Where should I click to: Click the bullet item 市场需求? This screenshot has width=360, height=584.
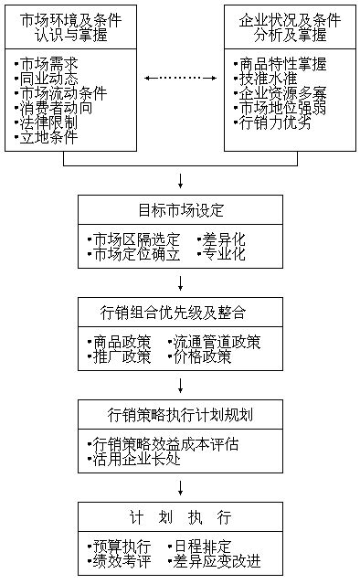[x=47, y=64]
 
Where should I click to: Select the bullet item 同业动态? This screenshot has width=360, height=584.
[x=47, y=79]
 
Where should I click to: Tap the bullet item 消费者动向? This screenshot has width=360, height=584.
[x=54, y=108]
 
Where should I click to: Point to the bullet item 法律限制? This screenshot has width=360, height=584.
[x=47, y=122]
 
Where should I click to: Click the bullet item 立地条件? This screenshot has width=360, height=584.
[x=47, y=137]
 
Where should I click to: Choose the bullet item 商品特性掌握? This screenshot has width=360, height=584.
[x=281, y=64]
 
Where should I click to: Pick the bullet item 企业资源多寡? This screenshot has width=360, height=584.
[x=281, y=93]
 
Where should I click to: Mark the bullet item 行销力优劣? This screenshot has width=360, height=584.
[x=273, y=122]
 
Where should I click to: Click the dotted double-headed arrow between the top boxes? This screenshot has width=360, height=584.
[x=181, y=79]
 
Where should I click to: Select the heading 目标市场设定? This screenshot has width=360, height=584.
[x=181, y=210]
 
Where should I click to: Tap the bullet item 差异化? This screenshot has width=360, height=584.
[x=221, y=239]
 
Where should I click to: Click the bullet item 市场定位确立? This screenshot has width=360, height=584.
[x=134, y=254]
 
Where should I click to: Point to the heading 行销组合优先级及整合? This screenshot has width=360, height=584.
[x=173, y=313]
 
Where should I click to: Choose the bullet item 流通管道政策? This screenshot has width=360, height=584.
[x=215, y=342]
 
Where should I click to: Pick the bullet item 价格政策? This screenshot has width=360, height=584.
[x=200, y=356]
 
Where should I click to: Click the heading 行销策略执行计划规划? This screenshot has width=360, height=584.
[x=181, y=415]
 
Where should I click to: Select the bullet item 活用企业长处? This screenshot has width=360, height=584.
[x=134, y=459]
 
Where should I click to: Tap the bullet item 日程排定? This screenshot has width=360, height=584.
[x=200, y=547]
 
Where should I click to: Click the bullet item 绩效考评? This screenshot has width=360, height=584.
[x=120, y=561]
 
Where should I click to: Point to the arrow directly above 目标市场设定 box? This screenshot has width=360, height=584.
[x=181, y=181]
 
